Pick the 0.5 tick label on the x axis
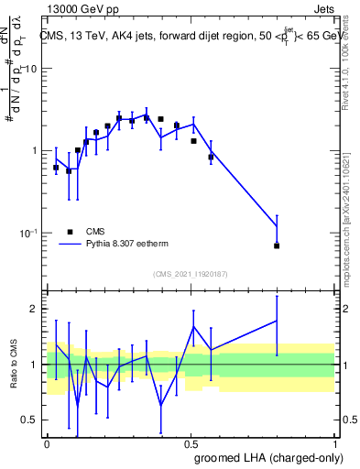tap(191, 443)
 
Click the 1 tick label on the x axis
tap(334, 443)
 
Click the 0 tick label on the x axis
tap(47, 443)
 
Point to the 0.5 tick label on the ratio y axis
tap(32, 420)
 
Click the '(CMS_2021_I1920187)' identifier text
tap(191, 274)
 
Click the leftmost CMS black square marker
tap(56, 168)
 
